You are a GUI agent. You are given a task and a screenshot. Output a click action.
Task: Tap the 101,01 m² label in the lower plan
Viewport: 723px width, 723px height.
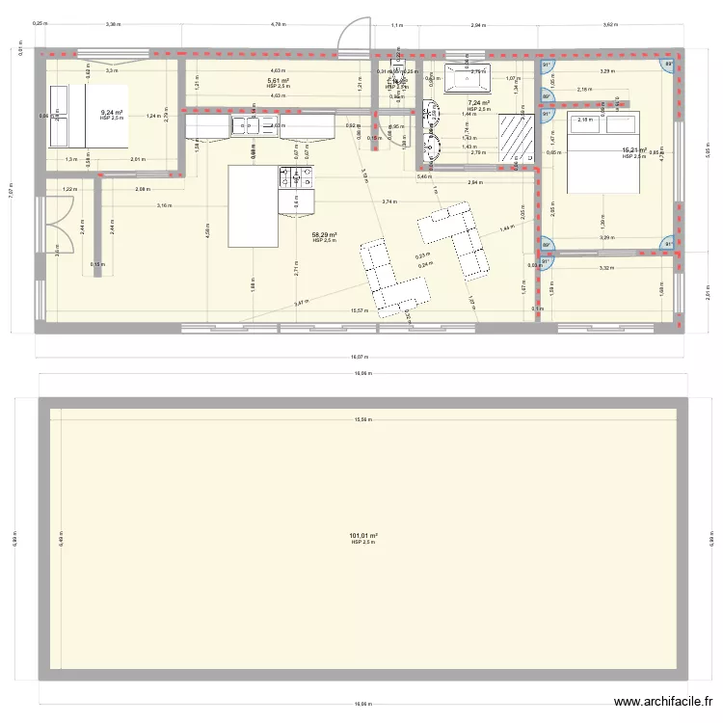(363, 536)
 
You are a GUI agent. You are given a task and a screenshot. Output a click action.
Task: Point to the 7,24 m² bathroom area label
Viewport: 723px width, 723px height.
(478, 103)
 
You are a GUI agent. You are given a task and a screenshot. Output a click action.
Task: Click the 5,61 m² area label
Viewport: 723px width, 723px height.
(279, 82)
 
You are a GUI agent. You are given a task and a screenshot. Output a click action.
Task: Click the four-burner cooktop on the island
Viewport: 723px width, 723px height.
(296, 176)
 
